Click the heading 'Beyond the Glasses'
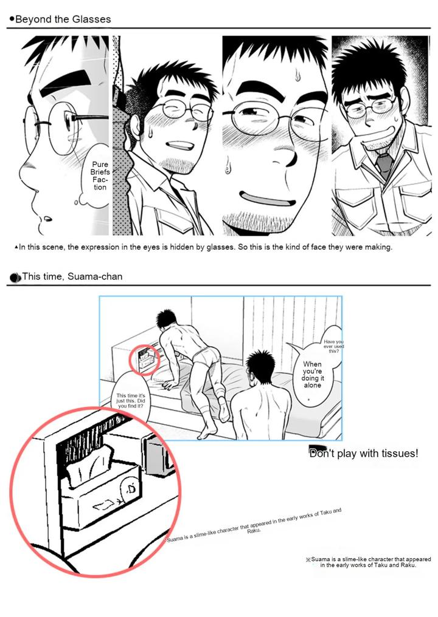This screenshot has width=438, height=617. (x=63, y=19)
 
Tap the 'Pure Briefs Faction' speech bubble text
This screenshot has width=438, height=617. (x=99, y=176)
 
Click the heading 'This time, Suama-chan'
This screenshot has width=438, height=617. (x=72, y=277)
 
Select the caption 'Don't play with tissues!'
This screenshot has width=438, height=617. (x=364, y=453)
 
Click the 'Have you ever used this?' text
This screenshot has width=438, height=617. (x=333, y=346)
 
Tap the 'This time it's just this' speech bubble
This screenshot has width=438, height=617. (x=131, y=401)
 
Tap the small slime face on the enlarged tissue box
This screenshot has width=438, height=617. (x=128, y=487)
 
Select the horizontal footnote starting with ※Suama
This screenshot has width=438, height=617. (x=368, y=562)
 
